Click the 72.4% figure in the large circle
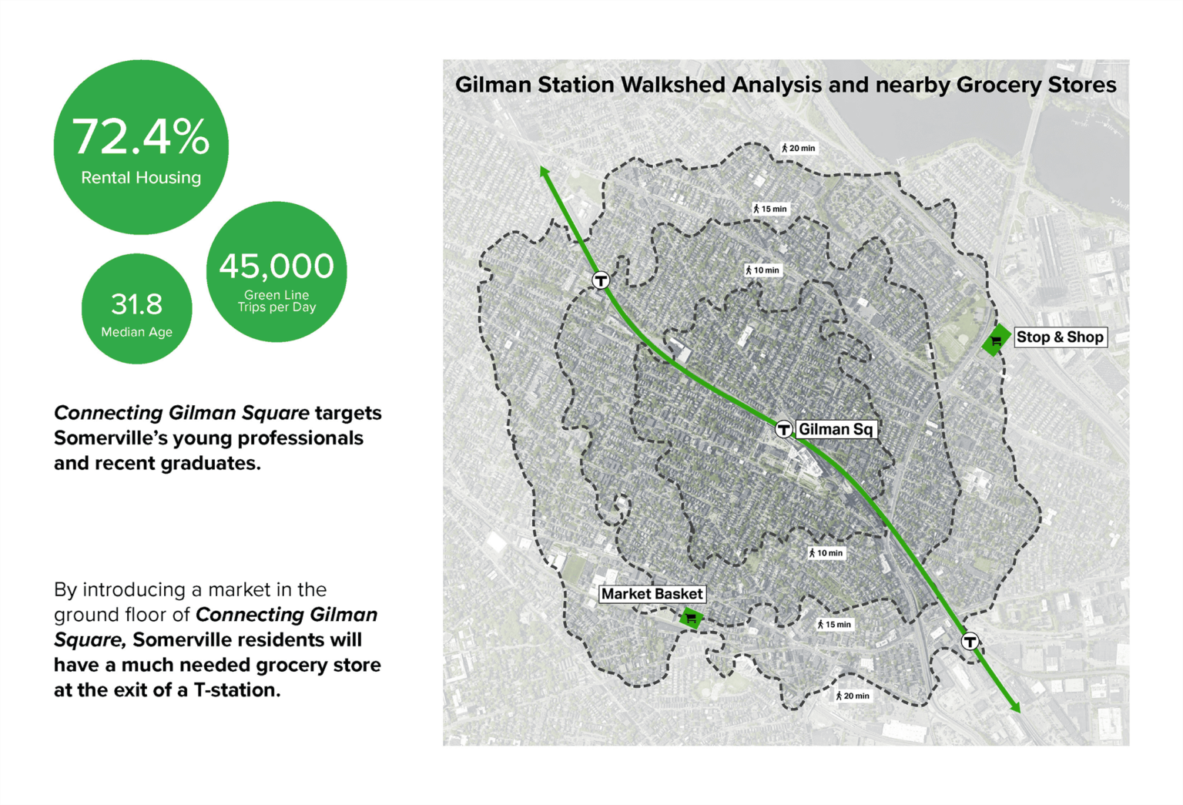(x=141, y=137)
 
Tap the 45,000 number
(x=276, y=267)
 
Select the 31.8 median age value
(x=137, y=304)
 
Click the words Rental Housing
(x=141, y=177)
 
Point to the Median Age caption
(x=137, y=332)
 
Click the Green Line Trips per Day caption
(x=276, y=300)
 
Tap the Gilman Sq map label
(x=836, y=429)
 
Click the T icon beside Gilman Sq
(x=783, y=429)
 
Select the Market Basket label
(x=652, y=594)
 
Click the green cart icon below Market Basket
(x=691, y=617)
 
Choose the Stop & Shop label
(x=1060, y=337)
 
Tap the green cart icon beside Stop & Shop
(x=996, y=340)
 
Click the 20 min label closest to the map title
(x=799, y=148)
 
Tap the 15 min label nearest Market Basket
(x=834, y=624)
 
